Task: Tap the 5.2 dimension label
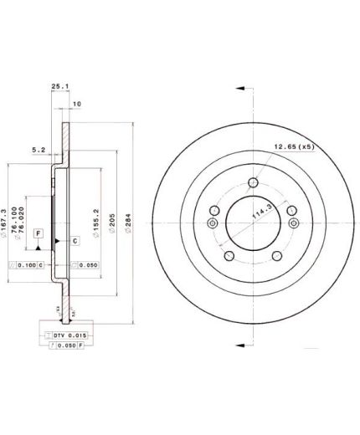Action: [x=38, y=151]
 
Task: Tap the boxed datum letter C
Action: [x=74, y=241]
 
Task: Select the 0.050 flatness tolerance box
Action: [x=85, y=265]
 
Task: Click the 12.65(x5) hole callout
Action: [x=289, y=148]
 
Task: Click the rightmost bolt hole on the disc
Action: [x=293, y=222]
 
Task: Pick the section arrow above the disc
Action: [x=240, y=87]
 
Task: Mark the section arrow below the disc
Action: [x=240, y=345]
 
